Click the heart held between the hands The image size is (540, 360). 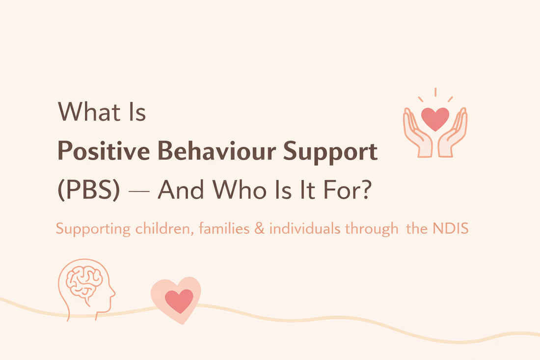click(x=435, y=118)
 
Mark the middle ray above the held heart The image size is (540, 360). click(x=435, y=92)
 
